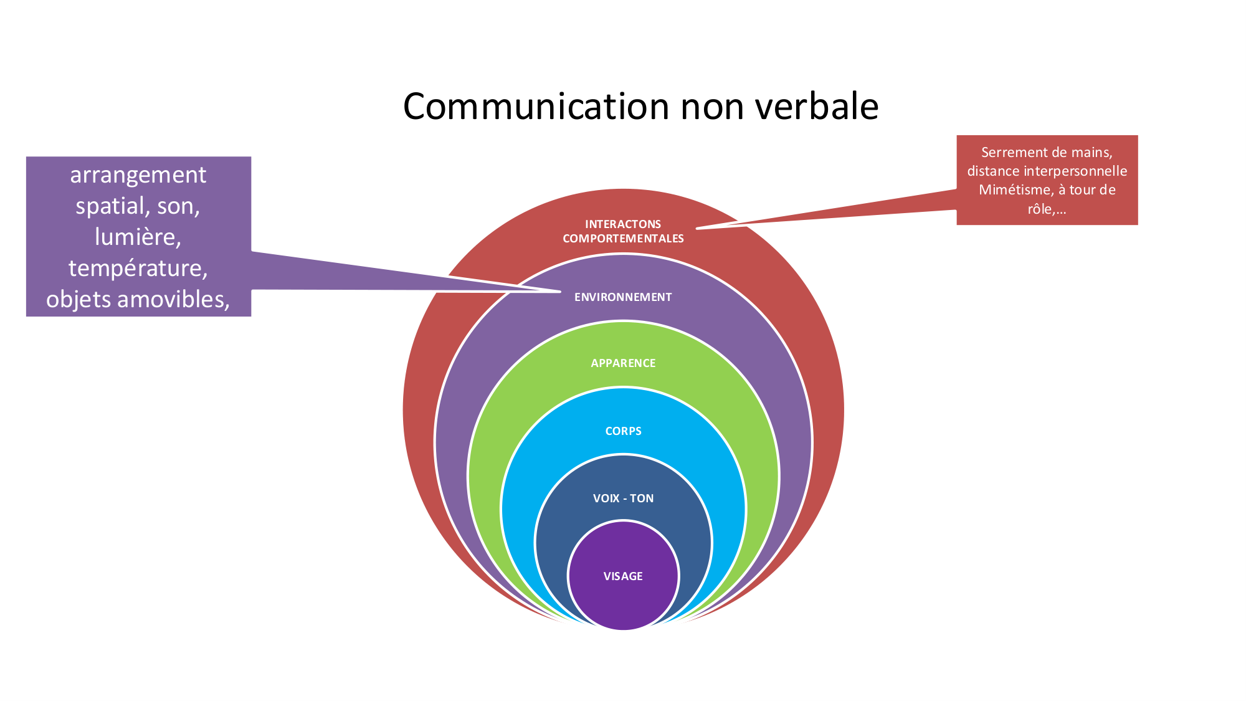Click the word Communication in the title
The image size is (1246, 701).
click(536, 107)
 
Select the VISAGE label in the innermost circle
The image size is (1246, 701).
click(623, 576)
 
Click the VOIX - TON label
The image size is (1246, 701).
click(623, 498)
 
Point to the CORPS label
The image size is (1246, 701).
click(623, 431)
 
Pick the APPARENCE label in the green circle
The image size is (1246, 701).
click(623, 363)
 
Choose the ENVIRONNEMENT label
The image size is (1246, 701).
click(623, 297)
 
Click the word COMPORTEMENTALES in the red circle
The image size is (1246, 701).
click(623, 239)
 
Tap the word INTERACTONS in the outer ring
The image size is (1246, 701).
click(623, 224)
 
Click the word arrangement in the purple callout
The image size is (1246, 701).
click(138, 175)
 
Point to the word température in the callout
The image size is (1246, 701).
click(138, 269)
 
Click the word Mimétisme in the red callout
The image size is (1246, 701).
click(1015, 190)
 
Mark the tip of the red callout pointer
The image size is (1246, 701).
click(698, 229)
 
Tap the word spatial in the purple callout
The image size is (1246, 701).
click(112, 206)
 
